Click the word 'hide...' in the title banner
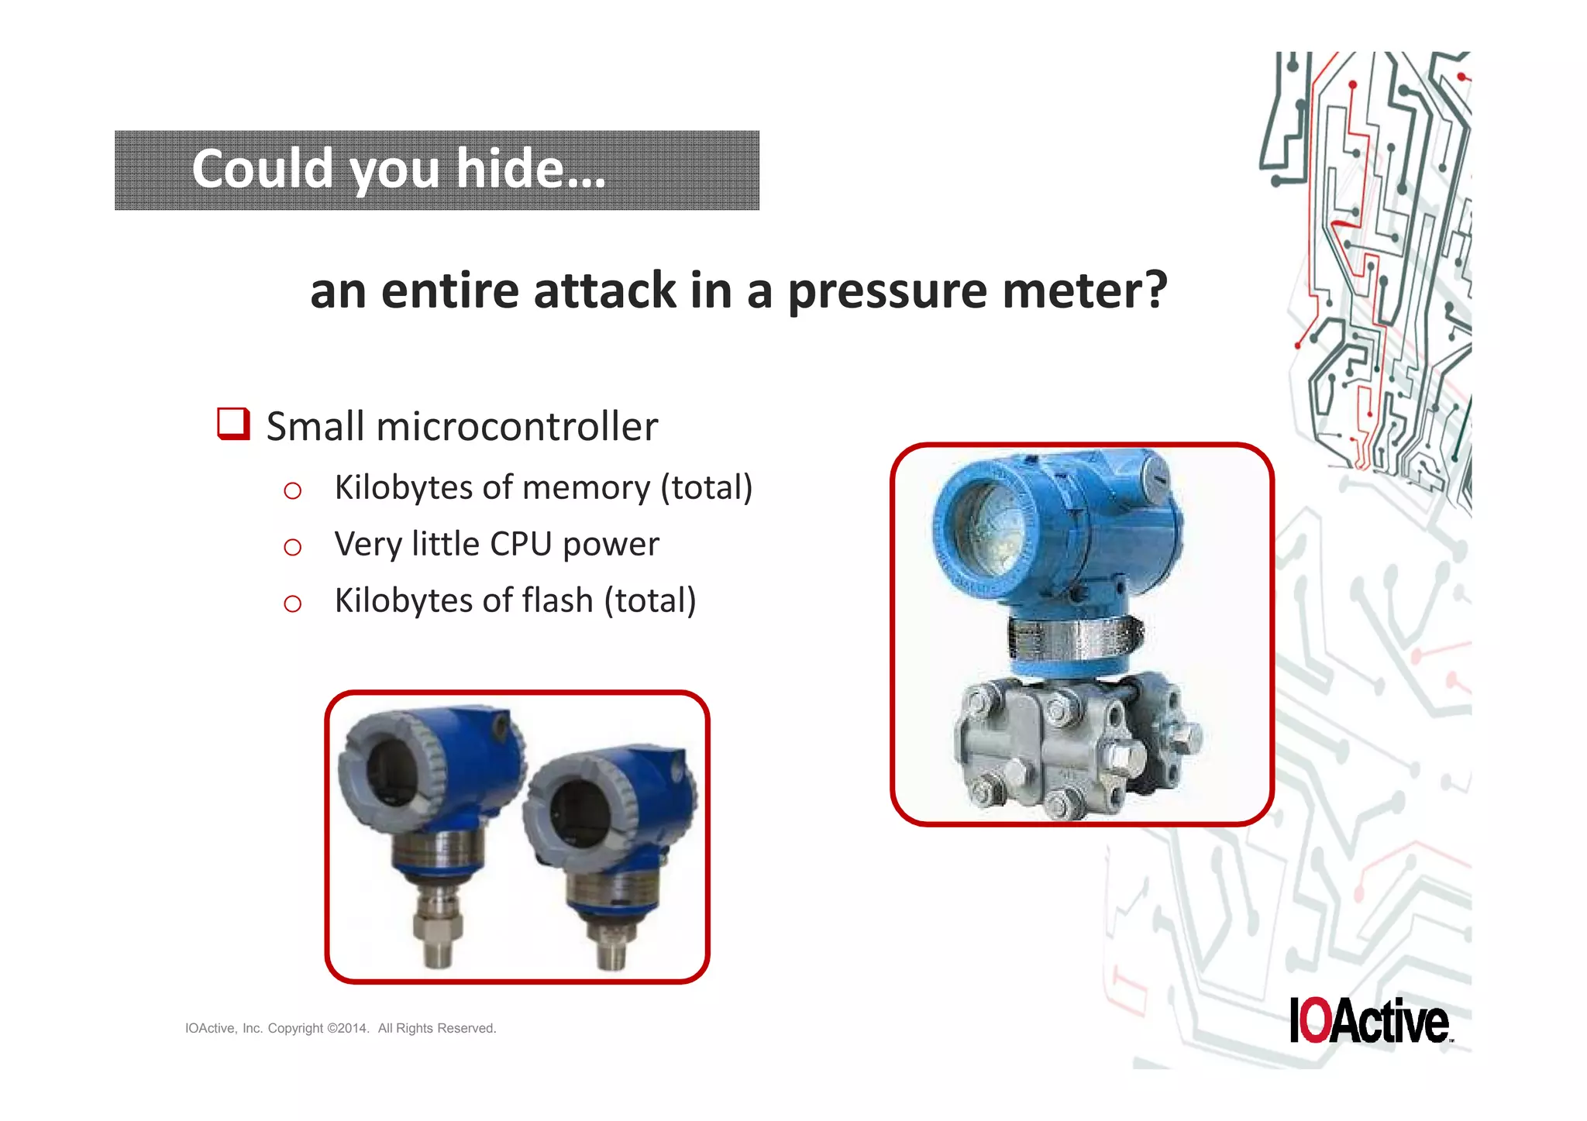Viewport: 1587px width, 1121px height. [x=530, y=169]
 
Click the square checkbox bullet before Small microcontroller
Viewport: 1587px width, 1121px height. [x=233, y=424]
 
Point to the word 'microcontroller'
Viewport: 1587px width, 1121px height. [x=517, y=427]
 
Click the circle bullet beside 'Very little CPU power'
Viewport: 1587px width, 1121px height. [x=292, y=548]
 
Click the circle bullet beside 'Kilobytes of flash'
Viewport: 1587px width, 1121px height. [x=292, y=604]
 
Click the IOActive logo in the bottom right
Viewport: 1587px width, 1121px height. [x=1370, y=1021]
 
